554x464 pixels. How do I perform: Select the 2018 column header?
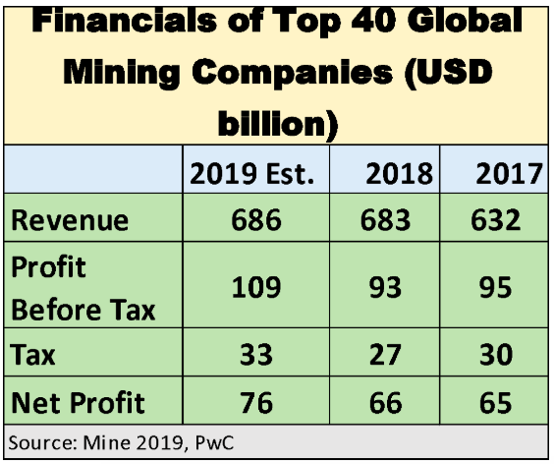(x=399, y=174)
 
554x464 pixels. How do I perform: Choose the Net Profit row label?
(x=78, y=402)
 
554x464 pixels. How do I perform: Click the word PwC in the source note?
(x=216, y=442)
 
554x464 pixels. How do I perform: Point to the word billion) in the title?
(x=276, y=124)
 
